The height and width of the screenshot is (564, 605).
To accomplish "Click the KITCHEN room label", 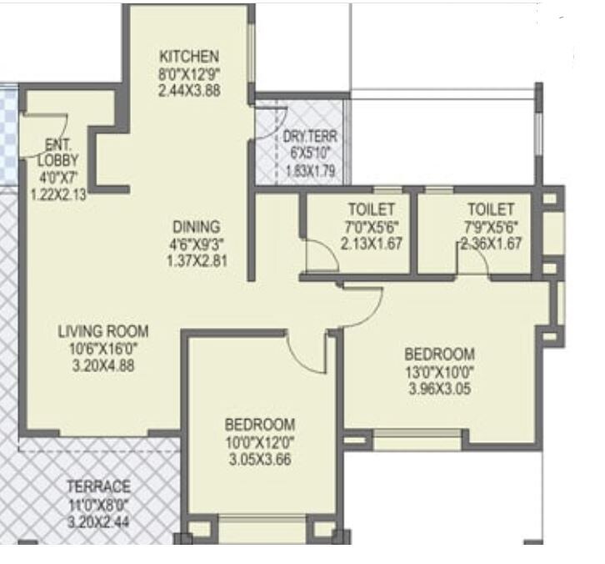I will [189, 57].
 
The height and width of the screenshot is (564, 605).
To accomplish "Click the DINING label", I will [197, 226].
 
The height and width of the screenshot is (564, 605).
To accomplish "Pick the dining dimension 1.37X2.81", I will [197, 260].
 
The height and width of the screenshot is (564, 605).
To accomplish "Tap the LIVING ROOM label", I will [103, 331].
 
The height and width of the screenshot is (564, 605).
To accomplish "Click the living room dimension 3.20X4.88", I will [103, 365].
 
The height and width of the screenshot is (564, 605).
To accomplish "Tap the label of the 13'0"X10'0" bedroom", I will [439, 354].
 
